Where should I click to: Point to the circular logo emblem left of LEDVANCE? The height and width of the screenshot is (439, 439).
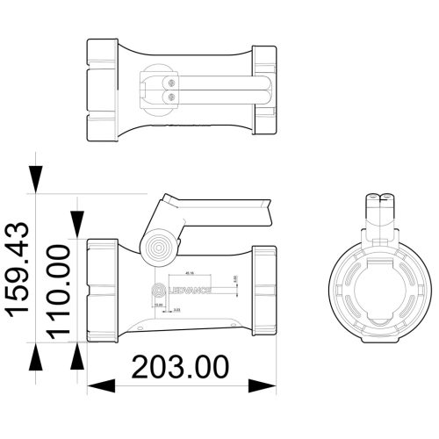tap(160, 288)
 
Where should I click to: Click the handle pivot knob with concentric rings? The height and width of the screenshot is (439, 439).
tap(160, 247)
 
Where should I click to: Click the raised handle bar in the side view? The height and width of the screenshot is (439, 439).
tap(224, 207)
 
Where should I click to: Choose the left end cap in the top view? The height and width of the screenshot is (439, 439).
tap(102, 90)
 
